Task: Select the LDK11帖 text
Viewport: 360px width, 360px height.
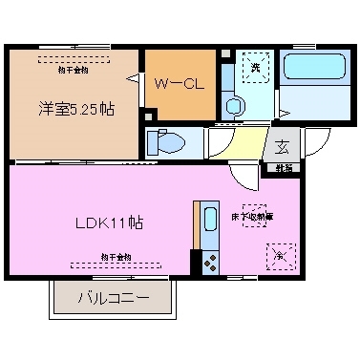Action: [111, 223]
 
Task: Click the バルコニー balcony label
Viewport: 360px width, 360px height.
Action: [113, 299]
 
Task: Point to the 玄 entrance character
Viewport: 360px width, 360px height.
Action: [283, 147]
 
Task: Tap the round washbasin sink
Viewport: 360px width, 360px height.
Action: [232, 105]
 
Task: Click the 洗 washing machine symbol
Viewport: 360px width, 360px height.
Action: [255, 66]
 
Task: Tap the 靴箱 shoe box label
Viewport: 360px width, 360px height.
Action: [286, 168]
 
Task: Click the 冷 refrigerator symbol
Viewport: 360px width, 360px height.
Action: [281, 256]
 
